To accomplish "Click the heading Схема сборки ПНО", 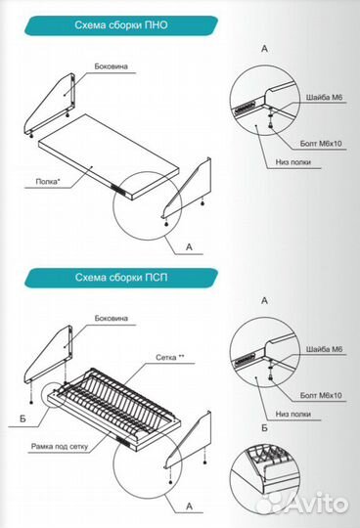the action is [121, 25].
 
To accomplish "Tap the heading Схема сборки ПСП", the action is [121, 278].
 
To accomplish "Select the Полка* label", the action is [48, 182].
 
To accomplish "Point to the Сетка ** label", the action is [170, 357].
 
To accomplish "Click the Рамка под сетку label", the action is [60, 447].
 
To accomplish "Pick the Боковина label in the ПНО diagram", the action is [112, 66].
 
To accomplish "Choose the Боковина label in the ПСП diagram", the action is [112, 318].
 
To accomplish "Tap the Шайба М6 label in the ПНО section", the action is [324, 98].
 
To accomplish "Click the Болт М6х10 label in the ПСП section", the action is [321, 395].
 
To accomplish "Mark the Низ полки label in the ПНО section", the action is [293, 162].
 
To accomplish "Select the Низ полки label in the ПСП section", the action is [293, 414].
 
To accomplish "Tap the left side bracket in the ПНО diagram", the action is [50, 105].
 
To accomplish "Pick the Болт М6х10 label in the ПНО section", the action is [321, 144].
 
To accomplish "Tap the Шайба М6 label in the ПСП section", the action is [324, 349].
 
